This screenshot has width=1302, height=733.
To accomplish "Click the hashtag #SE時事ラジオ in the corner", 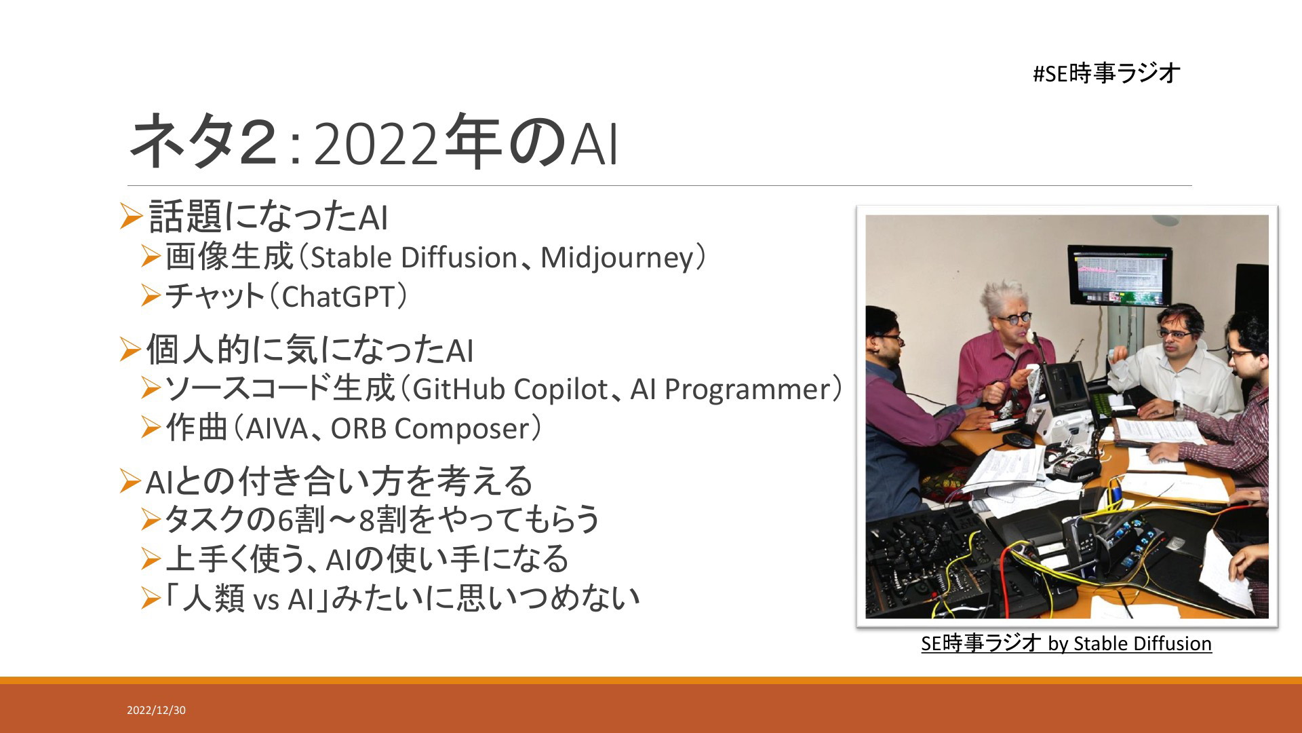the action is click(x=1107, y=73).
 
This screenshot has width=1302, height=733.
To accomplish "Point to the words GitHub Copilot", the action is click(x=509, y=390).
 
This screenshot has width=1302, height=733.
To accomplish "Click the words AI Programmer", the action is click(x=731, y=390).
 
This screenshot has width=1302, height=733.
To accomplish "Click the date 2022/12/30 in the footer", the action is click(x=156, y=711).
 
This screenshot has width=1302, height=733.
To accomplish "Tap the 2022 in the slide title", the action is click(x=376, y=145).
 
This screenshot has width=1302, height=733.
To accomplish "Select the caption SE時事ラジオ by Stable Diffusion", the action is click(x=1066, y=643).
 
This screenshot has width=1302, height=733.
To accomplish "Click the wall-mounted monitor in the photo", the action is click(x=1119, y=276).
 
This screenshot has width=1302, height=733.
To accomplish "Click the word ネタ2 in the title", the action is click(x=203, y=141).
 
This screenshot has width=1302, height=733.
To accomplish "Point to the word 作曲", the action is click(x=197, y=428).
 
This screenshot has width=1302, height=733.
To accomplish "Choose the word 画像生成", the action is click(x=229, y=257).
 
